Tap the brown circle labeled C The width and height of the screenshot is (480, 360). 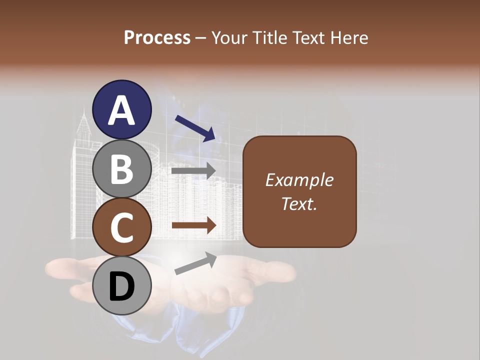(x=122, y=227)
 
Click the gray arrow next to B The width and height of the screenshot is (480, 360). (x=194, y=171)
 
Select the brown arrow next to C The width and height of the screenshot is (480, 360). (x=194, y=225)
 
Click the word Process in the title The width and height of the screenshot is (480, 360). (x=157, y=37)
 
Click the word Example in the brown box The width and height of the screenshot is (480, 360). (x=299, y=180)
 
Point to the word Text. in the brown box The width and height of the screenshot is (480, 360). (x=299, y=204)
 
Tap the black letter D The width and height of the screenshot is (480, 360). (x=122, y=287)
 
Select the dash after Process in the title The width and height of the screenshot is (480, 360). (x=200, y=38)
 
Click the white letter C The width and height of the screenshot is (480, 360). (x=122, y=227)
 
